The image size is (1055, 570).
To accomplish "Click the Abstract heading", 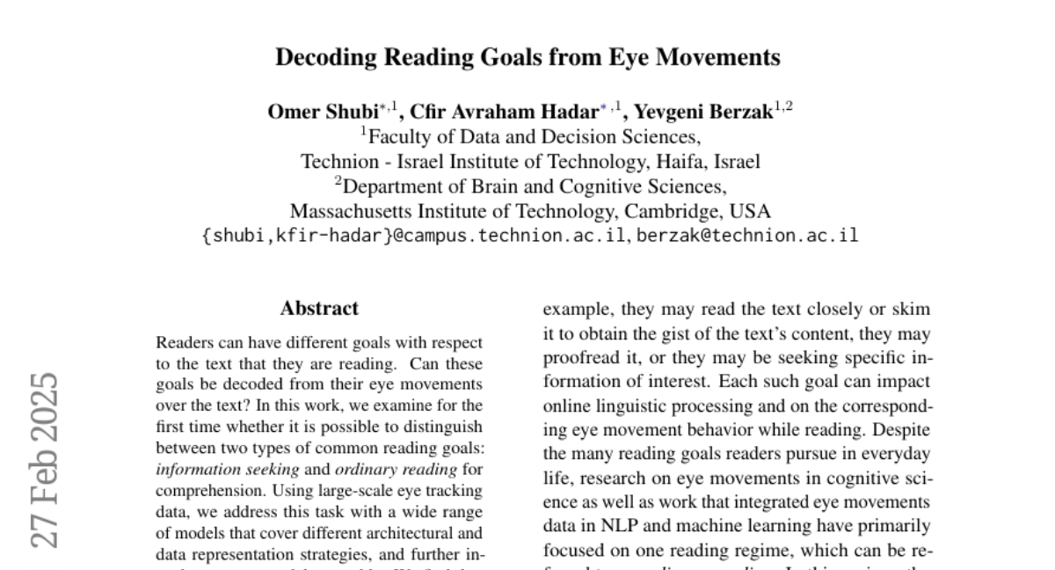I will click(319, 309).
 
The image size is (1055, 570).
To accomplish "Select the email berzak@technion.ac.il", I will click(747, 236).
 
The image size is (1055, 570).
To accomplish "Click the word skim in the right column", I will click(912, 310).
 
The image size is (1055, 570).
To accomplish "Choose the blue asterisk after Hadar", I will click(603, 108).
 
